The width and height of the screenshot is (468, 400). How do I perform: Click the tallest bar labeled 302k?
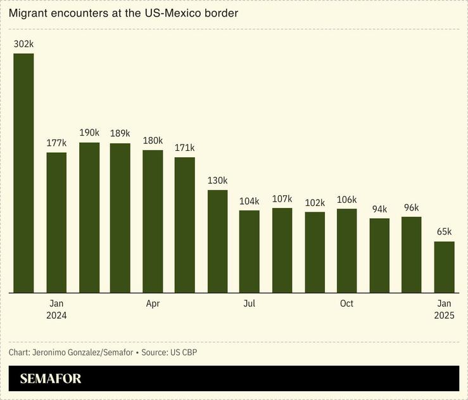24,173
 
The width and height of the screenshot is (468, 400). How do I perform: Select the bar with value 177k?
56,223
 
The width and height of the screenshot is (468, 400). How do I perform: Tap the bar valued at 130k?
217,242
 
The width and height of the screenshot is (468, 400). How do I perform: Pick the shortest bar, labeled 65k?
444,267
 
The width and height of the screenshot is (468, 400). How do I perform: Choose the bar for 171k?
185,225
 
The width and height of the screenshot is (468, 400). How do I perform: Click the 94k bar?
379,255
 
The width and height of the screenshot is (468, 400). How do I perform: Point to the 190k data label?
89,132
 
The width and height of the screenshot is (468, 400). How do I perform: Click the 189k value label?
120,133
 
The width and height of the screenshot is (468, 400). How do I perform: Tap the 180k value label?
153,140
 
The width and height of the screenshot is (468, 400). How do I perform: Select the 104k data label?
249,201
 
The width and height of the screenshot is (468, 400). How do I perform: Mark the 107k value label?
282,198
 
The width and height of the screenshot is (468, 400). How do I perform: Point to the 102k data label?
315,202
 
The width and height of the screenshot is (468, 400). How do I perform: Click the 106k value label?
346,199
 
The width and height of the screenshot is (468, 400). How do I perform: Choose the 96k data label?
412,207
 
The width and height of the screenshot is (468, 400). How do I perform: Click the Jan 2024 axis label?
56,309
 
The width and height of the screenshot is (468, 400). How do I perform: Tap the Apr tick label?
153,304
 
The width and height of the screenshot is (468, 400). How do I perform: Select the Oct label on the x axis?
346,304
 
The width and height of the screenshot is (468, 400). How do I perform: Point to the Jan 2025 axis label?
444,309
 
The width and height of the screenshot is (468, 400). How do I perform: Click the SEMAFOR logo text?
51,379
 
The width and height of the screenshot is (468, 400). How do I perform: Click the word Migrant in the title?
27,13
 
